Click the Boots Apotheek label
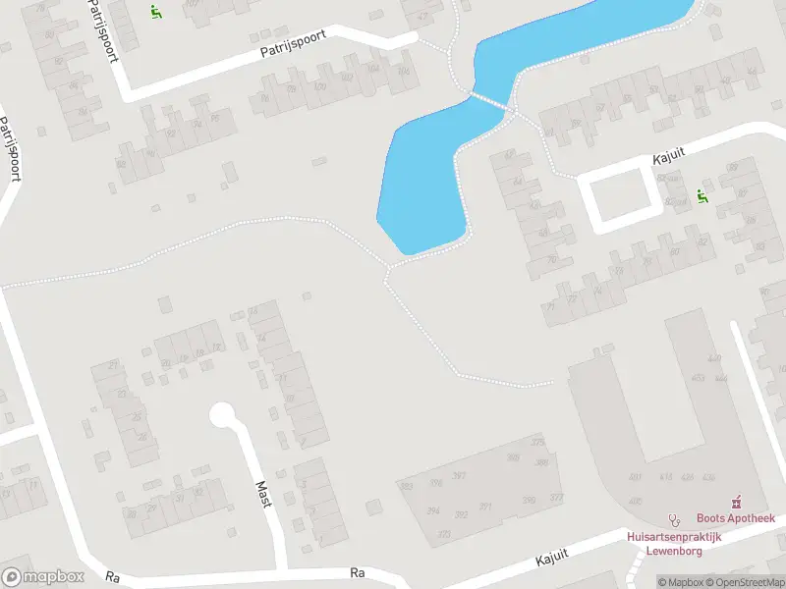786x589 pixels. (736, 518)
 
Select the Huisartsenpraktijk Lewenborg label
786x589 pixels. (674, 543)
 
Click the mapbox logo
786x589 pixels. (42, 577)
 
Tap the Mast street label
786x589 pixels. (263, 494)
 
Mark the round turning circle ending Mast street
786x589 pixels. (222, 415)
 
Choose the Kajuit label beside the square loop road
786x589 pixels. (667, 157)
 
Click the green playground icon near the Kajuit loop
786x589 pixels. (702, 195)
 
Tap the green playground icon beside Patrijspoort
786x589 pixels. (155, 12)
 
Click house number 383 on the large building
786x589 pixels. (406, 486)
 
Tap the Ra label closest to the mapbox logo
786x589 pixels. (112, 578)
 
